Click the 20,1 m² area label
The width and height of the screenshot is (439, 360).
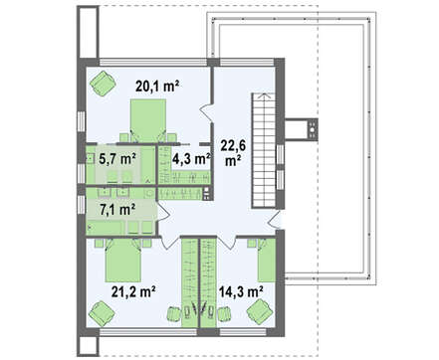pyautogui.click(x=157, y=87)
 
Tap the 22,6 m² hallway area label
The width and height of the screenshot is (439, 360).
pyautogui.click(x=233, y=153)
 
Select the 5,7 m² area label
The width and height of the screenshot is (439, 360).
pyautogui.click(x=117, y=159)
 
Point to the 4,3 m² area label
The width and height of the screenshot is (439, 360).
pyautogui.click(x=191, y=159)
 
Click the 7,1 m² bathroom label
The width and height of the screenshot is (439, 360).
pyautogui.click(x=117, y=210)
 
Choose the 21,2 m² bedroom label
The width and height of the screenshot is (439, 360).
pyautogui.click(x=133, y=291)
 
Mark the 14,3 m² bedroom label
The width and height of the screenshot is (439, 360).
pyautogui.click(x=241, y=291)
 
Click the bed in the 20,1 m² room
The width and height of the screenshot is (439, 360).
pyautogui.click(x=147, y=120)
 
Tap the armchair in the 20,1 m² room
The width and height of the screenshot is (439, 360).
pyautogui.click(x=103, y=84)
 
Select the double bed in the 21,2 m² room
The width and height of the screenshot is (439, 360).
pyautogui.click(x=122, y=261)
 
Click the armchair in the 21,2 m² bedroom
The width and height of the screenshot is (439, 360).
pyautogui.click(x=102, y=313)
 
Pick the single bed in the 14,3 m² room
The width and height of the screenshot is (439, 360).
pyautogui.click(x=267, y=260)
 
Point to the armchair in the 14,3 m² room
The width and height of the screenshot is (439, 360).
pyautogui.click(x=260, y=311)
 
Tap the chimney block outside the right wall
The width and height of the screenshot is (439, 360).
pyautogui.click(x=301, y=129)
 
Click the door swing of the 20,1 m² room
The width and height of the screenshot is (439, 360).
pyautogui.click(x=206, y=111)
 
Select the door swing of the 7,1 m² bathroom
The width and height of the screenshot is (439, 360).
pyautogui.click(x=162, y=212)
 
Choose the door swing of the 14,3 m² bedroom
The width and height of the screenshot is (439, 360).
pyautogui.click(x=229, y=243)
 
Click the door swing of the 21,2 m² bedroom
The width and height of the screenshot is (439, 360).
pyautogui.click(x=170, y=243)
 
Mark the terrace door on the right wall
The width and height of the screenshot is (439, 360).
pyautogui.click(x=276, y=220)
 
